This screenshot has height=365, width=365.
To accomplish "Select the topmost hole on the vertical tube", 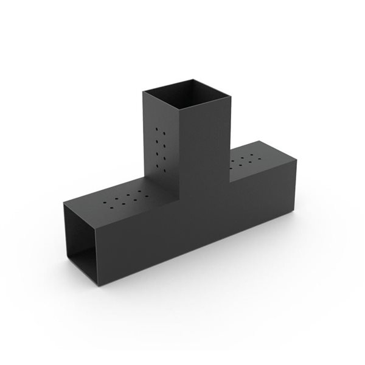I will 160,130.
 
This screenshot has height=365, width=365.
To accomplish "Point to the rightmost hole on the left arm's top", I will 144,195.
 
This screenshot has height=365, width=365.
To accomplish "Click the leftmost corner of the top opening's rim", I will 144,91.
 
